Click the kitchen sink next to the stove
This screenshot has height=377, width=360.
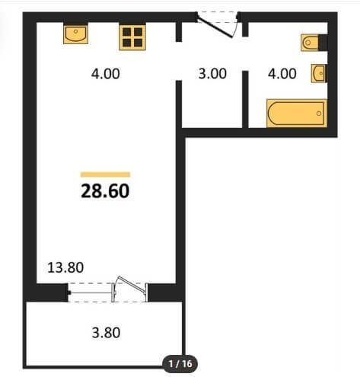[75, 34]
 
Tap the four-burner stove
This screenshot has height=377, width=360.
[132, 37]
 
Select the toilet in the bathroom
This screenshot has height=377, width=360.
[310, 43]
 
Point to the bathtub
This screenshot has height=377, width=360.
[297, 113]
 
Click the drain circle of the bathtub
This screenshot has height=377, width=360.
[319, 113]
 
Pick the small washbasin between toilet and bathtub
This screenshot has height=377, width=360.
[319, 73]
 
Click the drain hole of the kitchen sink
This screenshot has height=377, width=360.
[75, 31]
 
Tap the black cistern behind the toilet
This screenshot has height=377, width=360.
[323, 43]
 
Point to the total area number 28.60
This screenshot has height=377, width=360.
[105, 191]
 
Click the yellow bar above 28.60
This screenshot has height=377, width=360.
[105, 174]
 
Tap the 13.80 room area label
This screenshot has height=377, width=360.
[65, 267]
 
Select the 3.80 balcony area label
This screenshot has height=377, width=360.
[106, 333]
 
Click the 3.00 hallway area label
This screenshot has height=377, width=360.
[212, 74]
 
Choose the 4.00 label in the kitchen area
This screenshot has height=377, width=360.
[106, 74]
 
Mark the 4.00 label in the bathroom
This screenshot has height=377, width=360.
[282, 74]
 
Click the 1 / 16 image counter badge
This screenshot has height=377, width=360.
[180, 364]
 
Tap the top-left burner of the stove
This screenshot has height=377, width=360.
[127, 32]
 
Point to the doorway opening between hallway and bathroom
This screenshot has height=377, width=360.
[245, 54]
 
